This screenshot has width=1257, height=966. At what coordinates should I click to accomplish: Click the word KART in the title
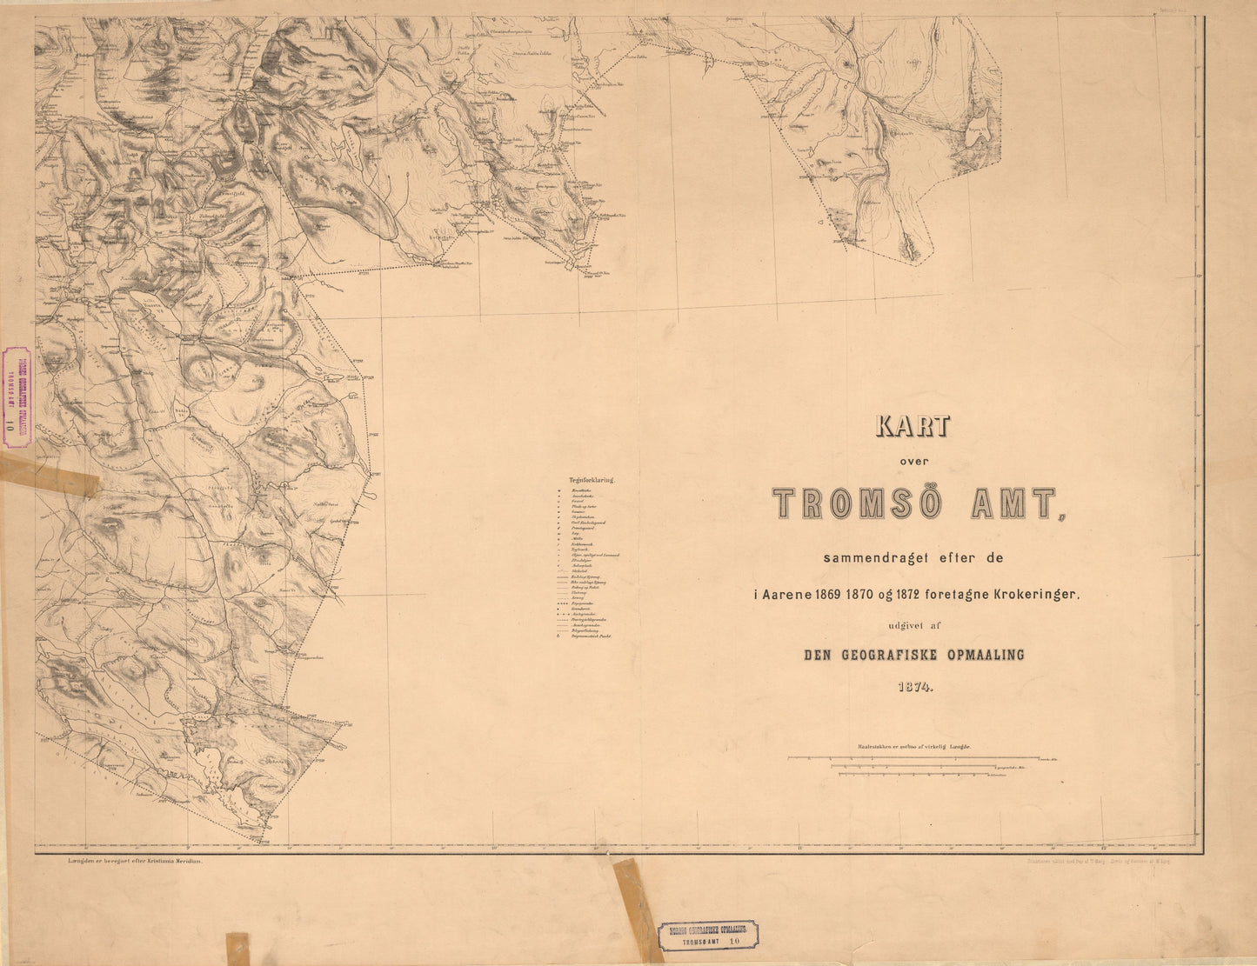tap(913, 426)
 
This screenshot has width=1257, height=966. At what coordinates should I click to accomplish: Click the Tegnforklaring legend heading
tap(592, 479)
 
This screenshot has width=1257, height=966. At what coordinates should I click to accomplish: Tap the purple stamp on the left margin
tap(17, 396)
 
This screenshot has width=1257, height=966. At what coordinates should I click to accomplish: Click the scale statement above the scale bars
tap(913, 746)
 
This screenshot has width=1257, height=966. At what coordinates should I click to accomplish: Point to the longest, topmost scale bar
tap(913, 758)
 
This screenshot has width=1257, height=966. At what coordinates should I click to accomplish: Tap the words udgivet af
tap(913, 625)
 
